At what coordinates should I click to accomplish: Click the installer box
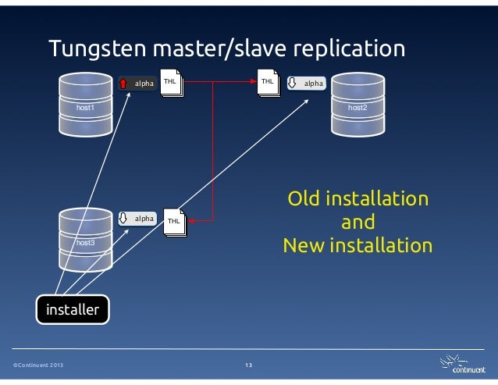[x=73, y=310]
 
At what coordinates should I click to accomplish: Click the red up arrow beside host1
[x=124, y=84]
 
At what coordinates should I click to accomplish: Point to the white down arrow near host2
[x=293, y=83]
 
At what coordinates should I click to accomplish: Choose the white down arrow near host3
[x=124, y=219]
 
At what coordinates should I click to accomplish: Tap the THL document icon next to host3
[x=174, y=222]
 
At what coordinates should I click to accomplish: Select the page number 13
[x=248, y=365]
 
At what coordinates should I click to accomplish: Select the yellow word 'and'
[x=357, y=222]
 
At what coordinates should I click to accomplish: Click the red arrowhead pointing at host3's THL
[x=191, y=222]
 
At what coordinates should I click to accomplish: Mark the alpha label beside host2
[x=313, y=83]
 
